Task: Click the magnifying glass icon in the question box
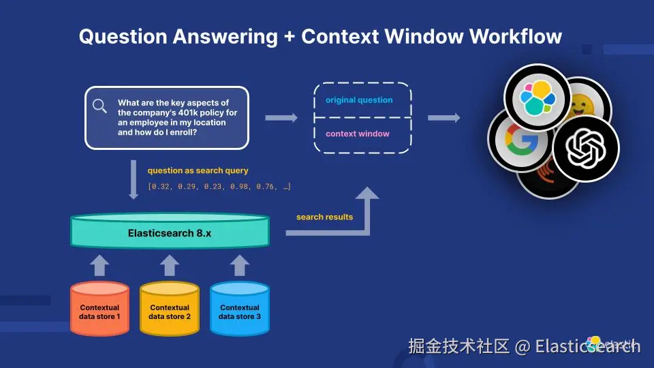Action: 100,106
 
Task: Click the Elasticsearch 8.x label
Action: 170,233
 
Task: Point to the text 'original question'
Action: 359,100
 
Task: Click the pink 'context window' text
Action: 358,134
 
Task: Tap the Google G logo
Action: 518,140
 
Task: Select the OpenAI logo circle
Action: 585,147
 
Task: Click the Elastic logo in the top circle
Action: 537,97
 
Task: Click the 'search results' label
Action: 324,217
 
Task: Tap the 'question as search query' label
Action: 198,170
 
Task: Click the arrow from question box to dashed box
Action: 281,118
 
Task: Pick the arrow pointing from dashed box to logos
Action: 443,118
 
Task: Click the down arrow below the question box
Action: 134,179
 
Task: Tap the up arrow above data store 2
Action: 170,264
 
